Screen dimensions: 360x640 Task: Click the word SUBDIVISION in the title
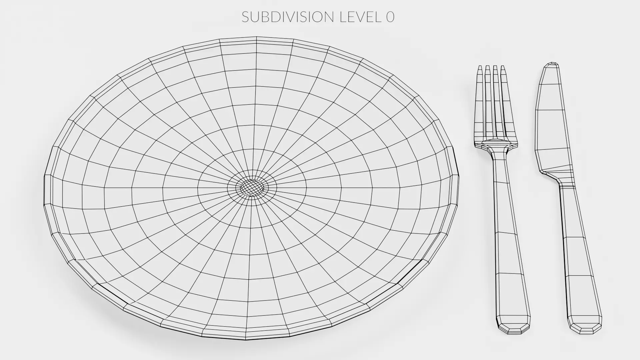point(287,17)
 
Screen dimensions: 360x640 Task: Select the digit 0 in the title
point(390,17)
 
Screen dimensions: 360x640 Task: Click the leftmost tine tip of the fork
point(480,68)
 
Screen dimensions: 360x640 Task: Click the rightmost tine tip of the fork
point(503,68)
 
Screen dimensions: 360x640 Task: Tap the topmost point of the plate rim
point(256,37)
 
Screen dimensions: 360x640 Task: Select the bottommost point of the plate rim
point(246,339)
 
